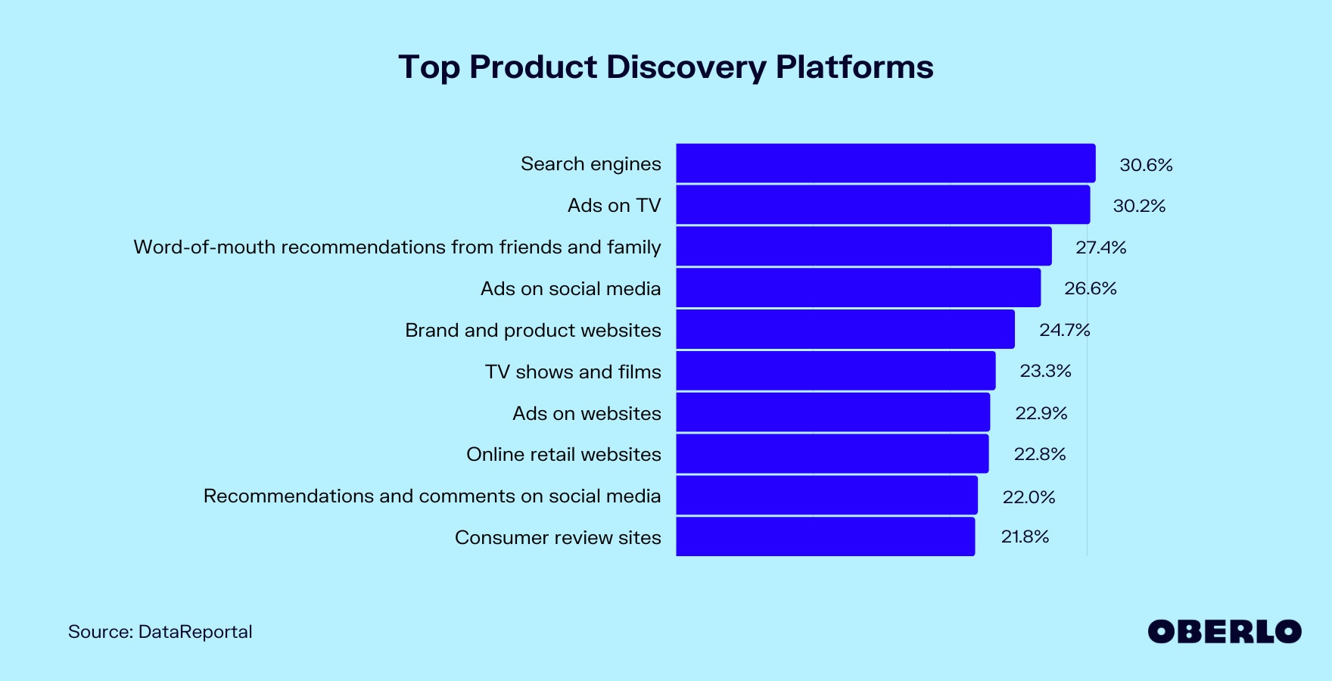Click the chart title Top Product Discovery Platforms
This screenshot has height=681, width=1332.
coord(666,67)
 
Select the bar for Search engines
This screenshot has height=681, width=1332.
coord(885,163)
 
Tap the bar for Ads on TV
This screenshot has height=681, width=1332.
coord(883,205)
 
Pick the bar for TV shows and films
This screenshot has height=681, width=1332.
coord(836,371)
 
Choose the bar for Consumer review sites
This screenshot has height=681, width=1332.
coord(826,536)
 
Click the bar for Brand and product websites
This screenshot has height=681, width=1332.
coord(845,329)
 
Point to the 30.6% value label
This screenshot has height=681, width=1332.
coord(1146,165)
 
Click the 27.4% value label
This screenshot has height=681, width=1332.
coord(1101,247)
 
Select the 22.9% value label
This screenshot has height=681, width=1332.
coord(1041,413)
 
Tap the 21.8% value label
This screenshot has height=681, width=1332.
coord(1025,536)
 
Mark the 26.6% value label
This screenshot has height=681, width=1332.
coord(1091,288)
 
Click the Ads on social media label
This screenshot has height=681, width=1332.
coord(571,289)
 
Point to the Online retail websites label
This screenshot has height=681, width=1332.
coord(564,455)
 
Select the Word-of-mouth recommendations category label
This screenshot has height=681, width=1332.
coord(397,247)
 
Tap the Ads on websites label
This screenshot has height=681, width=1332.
coord(587,413)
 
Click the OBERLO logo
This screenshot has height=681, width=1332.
coord(1225,632)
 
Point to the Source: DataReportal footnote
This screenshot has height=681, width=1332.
coord(160,632)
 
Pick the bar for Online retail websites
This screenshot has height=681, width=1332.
coord(832,453)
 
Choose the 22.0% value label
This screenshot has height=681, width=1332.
coord(1029,497)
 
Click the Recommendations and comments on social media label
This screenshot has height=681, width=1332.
coord(432,496)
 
